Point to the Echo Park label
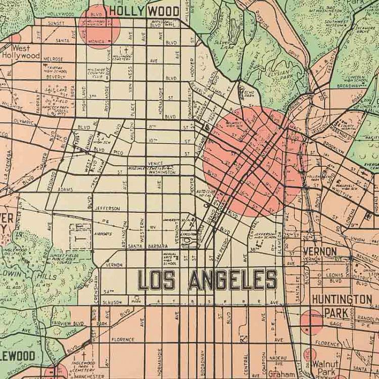249,94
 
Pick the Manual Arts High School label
170,259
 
